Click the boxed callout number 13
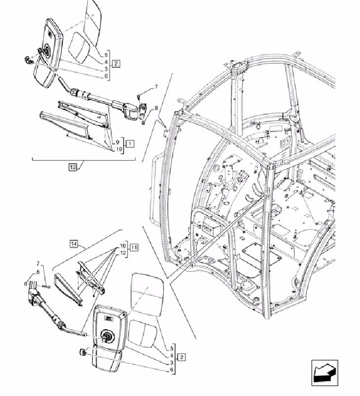point(73,167)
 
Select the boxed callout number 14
point(74,244)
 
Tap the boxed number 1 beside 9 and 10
point(130,144)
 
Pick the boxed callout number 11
point(134,248)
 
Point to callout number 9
point(118,142)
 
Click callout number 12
point(123,253)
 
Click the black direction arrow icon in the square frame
point(324,373)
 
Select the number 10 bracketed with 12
point(123,246)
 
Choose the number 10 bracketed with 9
point(119,149)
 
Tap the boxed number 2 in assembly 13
point(116,63)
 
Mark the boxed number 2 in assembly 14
point(181,357)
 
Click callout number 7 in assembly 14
point(38,264)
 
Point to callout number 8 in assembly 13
point(156,108)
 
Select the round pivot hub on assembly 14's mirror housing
point(107,336)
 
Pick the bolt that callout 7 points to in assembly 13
point(138,96)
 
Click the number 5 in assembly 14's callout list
point(172,349)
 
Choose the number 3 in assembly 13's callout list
point(106,69)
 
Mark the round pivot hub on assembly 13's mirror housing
point(46,49)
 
